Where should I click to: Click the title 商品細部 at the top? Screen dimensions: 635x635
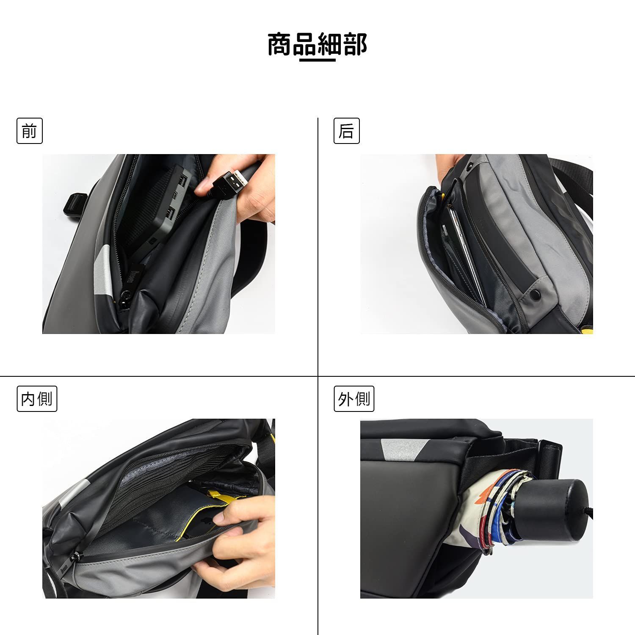[317, 44]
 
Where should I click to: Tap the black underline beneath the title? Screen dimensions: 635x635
[317, 60]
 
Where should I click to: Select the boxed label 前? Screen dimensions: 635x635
[30, 131]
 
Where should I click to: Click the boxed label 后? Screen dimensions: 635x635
[346, 131]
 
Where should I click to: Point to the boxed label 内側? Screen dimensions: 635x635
[37, 398]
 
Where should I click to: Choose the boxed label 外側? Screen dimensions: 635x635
[354, 398]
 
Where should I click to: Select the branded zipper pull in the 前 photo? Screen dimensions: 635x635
[129, 279]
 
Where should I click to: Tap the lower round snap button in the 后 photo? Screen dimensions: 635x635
[537, 294]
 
